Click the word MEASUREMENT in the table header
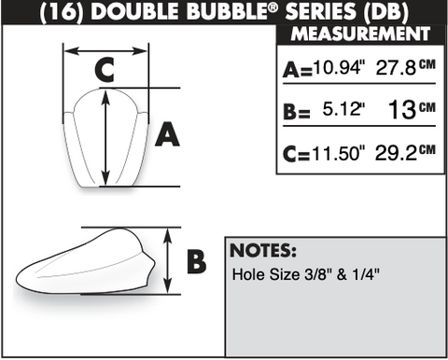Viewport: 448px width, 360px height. [x=360, y=34]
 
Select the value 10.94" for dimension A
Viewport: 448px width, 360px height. [x=339, y=67]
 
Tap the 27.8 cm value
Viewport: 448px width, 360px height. [x=406, y=67]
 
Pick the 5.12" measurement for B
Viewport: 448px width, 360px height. [x=343, y=109]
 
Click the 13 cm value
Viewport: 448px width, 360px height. [x=412, y=109]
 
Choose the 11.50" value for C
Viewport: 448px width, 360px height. [x=339, y=153]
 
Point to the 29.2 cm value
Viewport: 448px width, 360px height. [x=406, y=152]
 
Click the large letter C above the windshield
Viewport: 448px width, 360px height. [x=105, y=70]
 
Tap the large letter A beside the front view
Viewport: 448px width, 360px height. [x=167, y=134]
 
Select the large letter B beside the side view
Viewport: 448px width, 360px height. [x=196, y=261]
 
